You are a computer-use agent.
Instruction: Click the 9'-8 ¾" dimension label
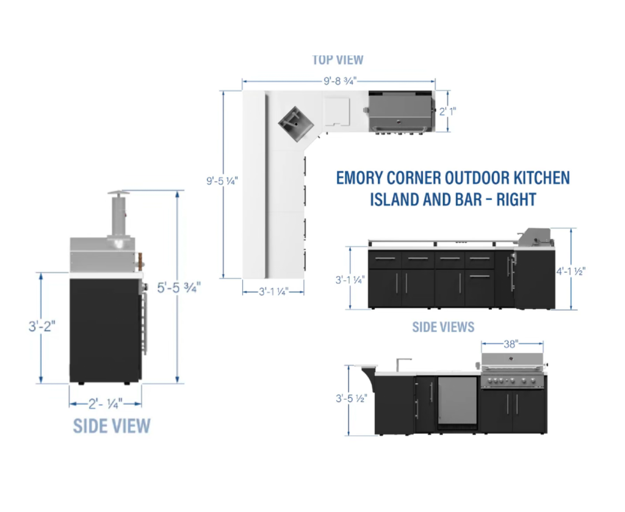(x=340, y=79)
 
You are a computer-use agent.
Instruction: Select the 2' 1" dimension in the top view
(x=448, y=111)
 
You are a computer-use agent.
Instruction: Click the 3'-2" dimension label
(x=42, y=327)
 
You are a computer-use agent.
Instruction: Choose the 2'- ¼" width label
(x=105, y=403)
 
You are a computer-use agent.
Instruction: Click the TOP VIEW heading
(x=338, y=60)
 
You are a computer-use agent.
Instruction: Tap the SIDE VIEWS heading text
(x=443, y=327)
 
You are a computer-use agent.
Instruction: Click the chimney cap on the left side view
(x=119, y=194)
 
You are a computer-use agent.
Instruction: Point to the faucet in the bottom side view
(x=399, y=364)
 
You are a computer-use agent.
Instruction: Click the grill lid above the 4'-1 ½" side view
(x=535, y=235)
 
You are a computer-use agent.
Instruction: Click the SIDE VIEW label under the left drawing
(x=112, y=426)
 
